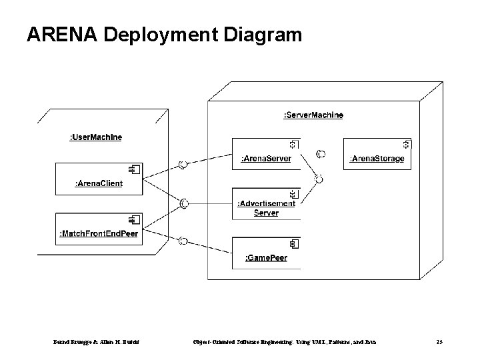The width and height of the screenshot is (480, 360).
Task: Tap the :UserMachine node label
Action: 96,137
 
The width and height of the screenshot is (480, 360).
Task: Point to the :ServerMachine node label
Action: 313,115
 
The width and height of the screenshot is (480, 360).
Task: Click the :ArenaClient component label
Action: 99,183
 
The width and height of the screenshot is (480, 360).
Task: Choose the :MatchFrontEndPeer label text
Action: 99,233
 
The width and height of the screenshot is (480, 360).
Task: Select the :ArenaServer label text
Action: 265,159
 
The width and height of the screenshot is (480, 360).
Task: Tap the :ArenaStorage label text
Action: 377,159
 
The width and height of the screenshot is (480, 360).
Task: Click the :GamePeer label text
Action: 266,257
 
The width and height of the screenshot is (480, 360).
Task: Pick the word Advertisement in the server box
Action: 266,203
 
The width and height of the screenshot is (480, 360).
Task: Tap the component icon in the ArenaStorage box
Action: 407,144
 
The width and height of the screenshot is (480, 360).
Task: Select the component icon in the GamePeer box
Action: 294,244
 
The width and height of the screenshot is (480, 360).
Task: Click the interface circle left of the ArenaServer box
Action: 181,165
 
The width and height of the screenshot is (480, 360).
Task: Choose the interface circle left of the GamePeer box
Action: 181,241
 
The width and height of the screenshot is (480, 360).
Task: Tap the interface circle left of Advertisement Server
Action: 185,202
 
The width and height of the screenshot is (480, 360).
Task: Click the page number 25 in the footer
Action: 439,341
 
